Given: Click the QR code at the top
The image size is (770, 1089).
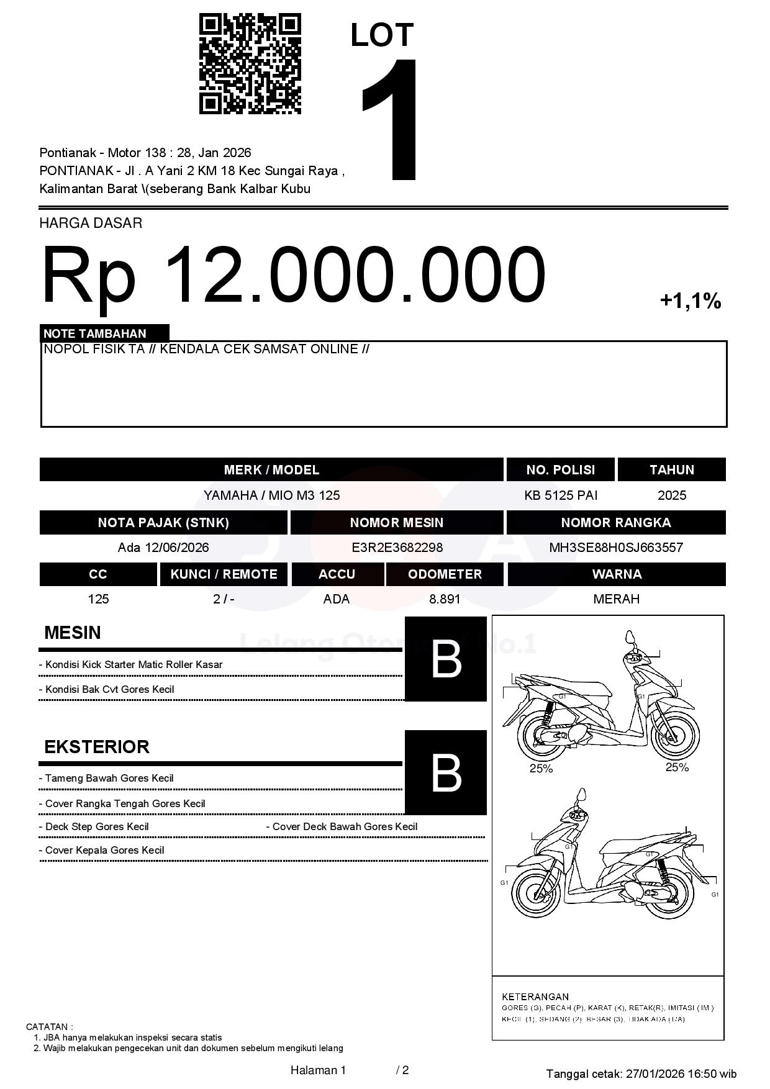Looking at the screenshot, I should click(x=250, y=64).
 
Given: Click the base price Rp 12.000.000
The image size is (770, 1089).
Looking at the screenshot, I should click(x=293, y=275).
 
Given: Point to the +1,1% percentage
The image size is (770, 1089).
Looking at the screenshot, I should click(x=690, y=302).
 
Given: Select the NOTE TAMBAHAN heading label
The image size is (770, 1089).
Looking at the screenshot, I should click(x=95, y=333).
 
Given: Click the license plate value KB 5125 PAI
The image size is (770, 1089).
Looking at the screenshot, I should click(x=561, y=495).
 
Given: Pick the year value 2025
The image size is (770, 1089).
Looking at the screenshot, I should click(x=672, y=495).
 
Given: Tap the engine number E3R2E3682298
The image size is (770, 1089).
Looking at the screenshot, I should click(x=397, y=548).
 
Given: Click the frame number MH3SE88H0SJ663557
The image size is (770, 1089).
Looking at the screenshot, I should click(x=616, y=548).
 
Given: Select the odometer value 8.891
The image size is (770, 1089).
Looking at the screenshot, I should click(x=445, y=599).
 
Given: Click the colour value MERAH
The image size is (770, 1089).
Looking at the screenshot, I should click(x=616, y=599).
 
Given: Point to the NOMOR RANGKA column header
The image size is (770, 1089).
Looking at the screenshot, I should click(x=616, y=523).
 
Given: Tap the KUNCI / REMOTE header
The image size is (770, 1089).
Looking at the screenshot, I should click(x=224, y=574).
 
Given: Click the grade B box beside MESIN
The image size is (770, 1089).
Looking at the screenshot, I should click(x=446, y=659).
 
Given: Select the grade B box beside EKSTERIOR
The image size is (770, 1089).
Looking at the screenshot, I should click(x=446, y=773).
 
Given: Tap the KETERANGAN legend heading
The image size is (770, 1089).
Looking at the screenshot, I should click(x=535, y=996).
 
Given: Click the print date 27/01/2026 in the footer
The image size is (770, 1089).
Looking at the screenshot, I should click(x=655, y=1073).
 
